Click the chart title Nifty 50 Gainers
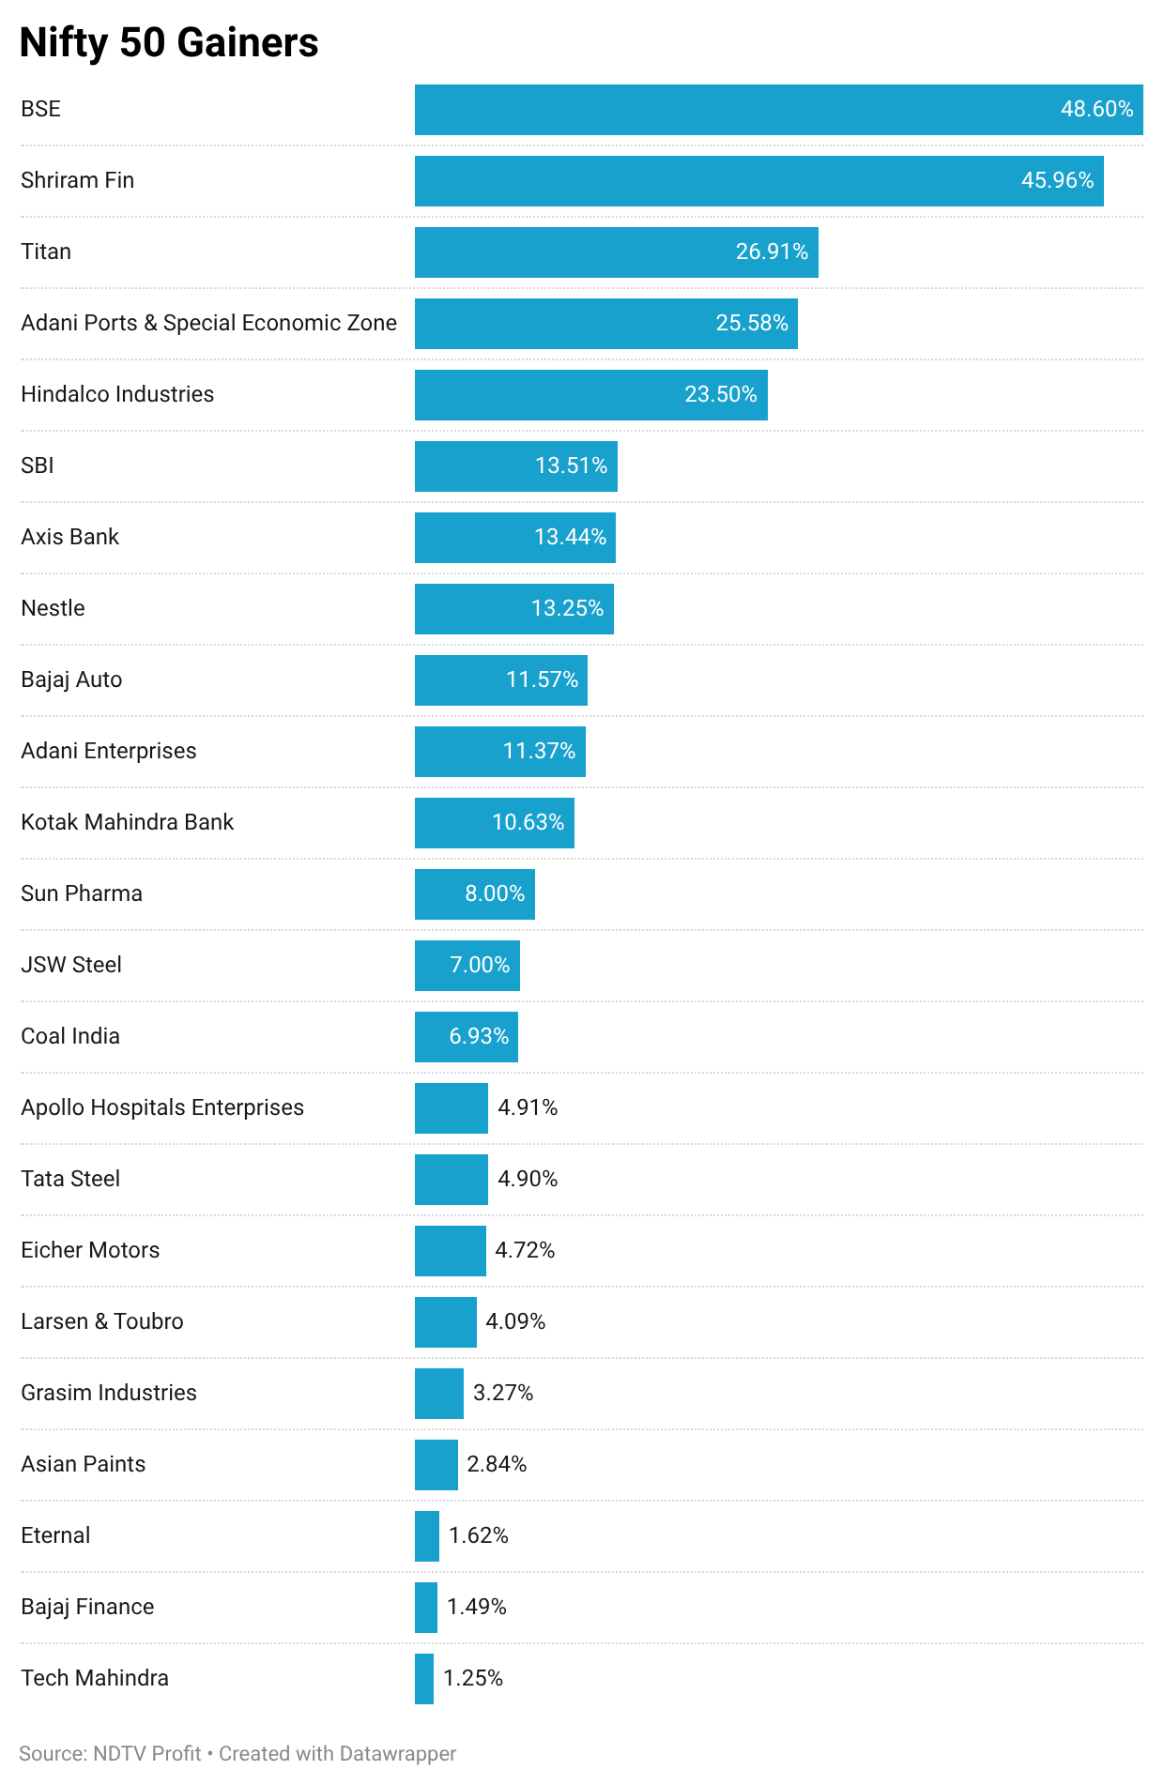[x=169, y=43]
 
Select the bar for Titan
[x=617, y=252]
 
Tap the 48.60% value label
[x=1096, y=109]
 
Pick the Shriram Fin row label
[x=78, y=180]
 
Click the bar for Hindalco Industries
[x=591, y=395]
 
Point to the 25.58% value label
[x=751, y=323]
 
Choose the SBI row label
[x=38, y=465]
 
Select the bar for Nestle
[x=514, y=609]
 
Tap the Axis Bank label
[x=70, y=537]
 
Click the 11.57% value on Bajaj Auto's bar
[x=542, y=679]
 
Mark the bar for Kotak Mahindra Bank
[x=495, y=823]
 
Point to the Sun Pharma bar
[x=475, y=894]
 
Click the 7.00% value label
[x=480, y=965]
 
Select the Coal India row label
[x=70, y=1036]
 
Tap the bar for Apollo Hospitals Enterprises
[x=452, y=1108]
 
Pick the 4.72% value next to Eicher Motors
[x=525, y=1250]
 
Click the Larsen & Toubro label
[x=102, y=1321]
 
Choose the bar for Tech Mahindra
[x=424, y=1679]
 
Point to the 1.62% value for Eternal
[x=478, y=1535]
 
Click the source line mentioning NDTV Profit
[x=237, y=1753]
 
